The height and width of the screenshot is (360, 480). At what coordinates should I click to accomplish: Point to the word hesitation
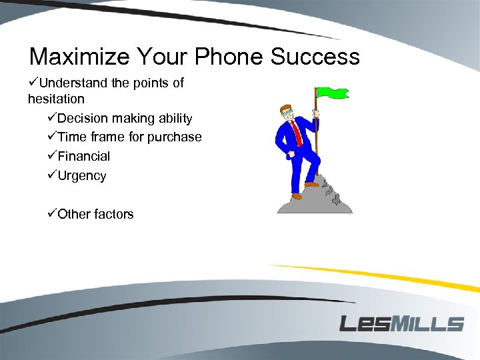click(x=56, y=99)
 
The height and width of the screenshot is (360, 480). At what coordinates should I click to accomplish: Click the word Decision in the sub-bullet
click(x=83, y=118)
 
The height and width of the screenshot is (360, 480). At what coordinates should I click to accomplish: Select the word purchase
click(x=176, y=137)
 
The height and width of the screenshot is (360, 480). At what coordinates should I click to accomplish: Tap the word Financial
click(x=84, y=156)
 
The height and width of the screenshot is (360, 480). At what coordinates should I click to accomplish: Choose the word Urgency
click(x=82, y=176)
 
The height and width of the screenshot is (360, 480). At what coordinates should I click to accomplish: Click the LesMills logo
click(x=401, y=324)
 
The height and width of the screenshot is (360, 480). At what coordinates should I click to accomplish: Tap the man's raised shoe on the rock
click(x=311, y=184)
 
